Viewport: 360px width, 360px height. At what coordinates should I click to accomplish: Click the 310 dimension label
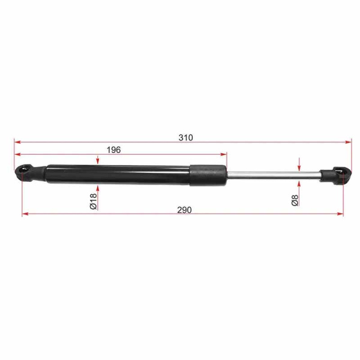point(185,137)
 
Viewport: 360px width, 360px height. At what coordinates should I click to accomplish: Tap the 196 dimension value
point(114,150)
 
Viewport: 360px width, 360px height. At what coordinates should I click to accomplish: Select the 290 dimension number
point(184,210)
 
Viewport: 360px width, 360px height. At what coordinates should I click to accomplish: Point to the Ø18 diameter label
point(93,202)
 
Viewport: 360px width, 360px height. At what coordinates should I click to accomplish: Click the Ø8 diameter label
point(295,200)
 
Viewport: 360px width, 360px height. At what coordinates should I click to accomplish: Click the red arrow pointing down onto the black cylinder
point(97,161)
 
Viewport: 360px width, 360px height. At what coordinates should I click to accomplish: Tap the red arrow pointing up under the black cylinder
point(97,188)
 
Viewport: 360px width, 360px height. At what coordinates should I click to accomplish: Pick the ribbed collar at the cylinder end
point(208,174)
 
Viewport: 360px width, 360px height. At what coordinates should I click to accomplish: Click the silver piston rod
point(270,175)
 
